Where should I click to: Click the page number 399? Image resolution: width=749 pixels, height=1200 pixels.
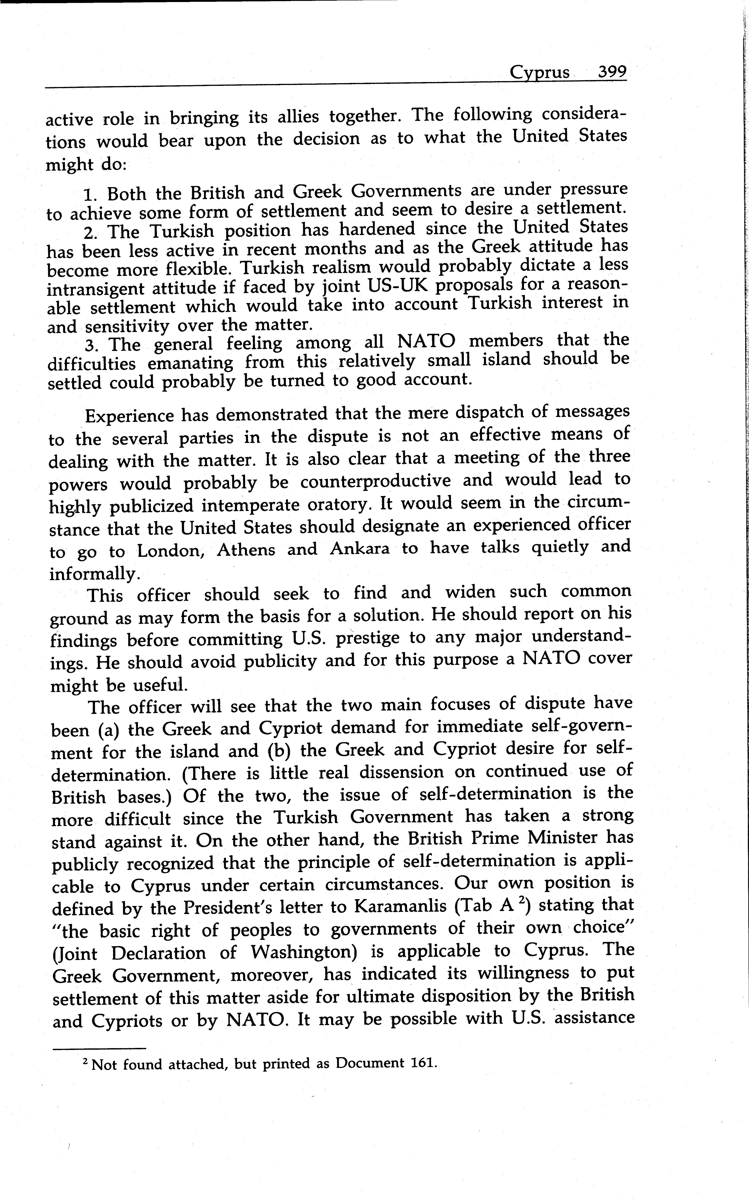point(612,72)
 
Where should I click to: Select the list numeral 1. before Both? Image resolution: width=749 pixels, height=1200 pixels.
point(92,194)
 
